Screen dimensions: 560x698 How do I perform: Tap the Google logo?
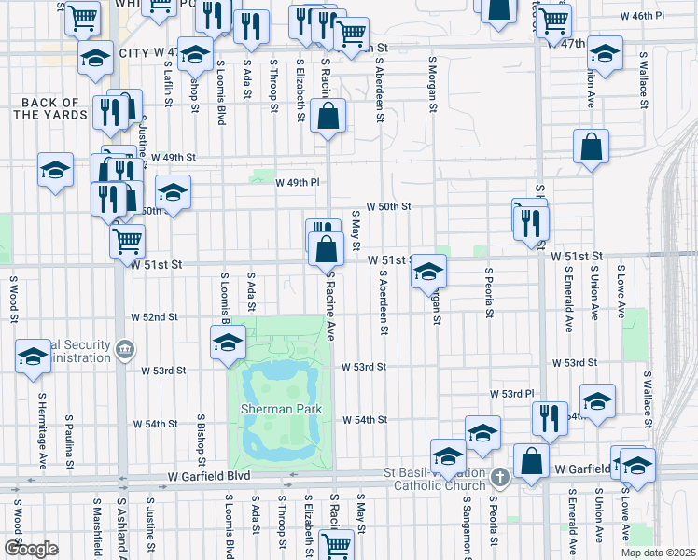(30, 549)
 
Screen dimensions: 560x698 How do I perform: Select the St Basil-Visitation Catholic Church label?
(436, 478)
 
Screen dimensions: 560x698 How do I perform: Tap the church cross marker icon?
(500, 478)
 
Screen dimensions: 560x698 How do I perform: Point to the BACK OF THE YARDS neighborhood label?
(50, 108)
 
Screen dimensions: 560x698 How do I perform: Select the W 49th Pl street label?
(298, 182)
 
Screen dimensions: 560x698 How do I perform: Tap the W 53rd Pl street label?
(511, 395)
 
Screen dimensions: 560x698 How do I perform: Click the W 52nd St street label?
(154, 317)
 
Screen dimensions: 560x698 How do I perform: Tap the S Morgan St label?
(433, 83)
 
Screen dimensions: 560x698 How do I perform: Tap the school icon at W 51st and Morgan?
(428, 270)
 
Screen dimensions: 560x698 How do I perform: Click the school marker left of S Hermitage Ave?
(33, 357)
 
